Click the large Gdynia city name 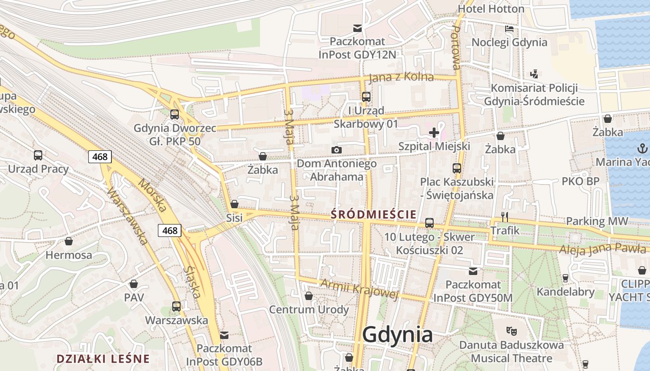397,334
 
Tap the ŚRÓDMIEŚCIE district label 374,214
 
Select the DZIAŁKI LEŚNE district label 103,358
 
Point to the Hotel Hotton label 491,9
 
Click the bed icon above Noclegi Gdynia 509,29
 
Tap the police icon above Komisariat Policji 534,74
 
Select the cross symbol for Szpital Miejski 434,133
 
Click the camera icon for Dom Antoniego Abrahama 337,150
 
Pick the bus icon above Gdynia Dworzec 175,114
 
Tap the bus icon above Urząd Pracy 38,155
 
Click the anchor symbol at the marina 643,148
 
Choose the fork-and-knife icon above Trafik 505,217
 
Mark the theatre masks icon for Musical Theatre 512,331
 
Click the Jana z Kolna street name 401,77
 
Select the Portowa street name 456,48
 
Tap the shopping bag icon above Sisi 234,204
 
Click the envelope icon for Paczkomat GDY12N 357,28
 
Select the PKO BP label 580,181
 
